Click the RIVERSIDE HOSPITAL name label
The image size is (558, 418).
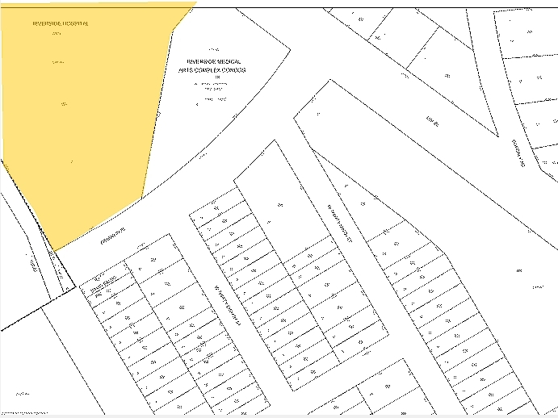(x=61, y=23)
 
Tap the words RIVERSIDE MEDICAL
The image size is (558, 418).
(x=215, y=61)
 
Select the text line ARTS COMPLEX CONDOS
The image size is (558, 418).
(x=212, y=70)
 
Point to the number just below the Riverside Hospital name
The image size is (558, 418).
(x=56, y=35)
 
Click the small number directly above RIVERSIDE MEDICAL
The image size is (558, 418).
(x=214, y=49)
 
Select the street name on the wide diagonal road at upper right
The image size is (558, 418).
(x=436, y=121)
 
